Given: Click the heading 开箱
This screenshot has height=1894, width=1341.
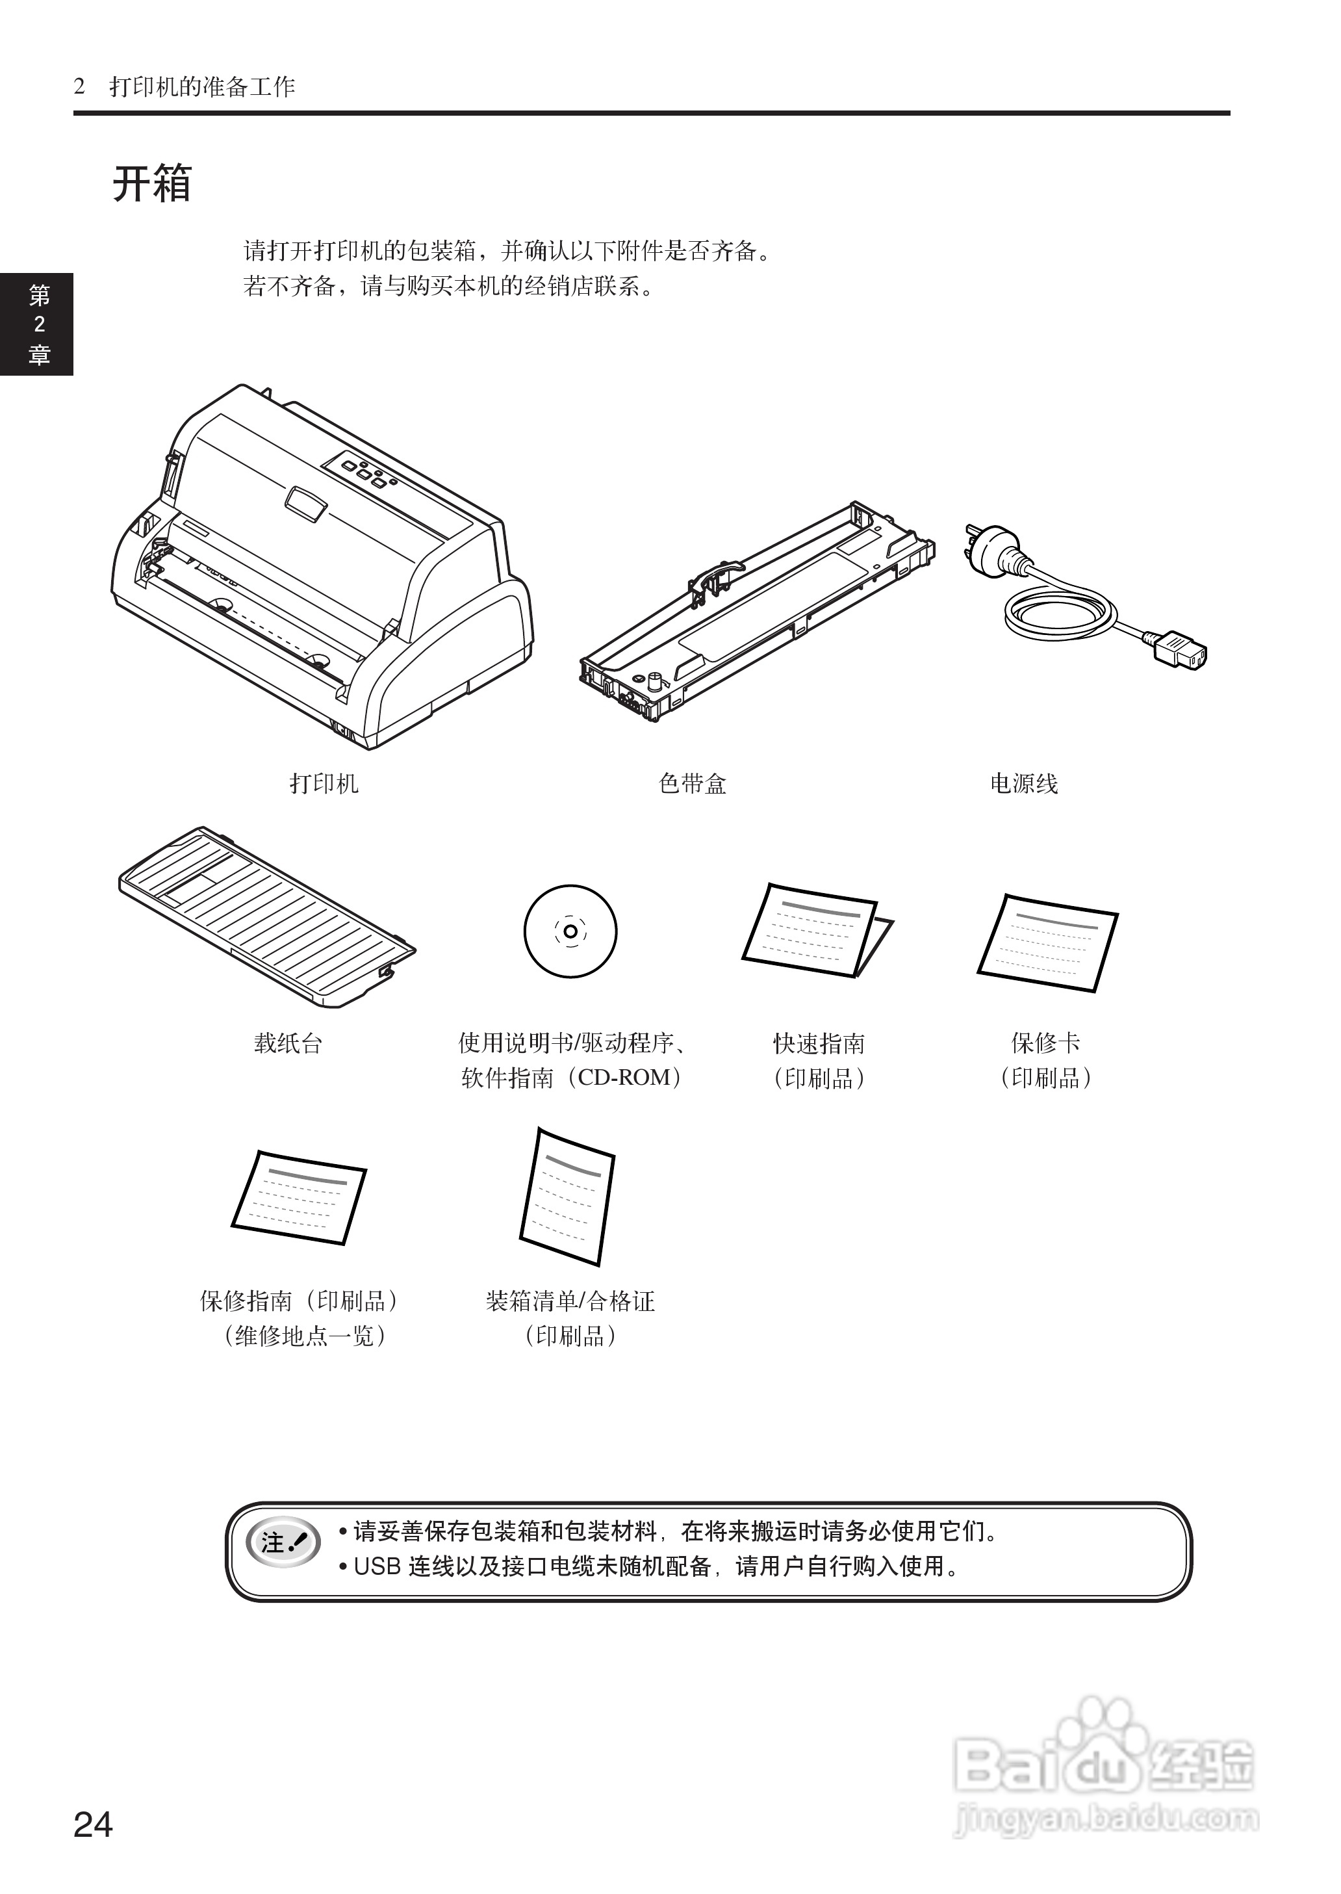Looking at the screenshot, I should pyautogui.click(x=152, y=183).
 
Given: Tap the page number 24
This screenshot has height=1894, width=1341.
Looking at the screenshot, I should pyautogui.click(x=94, y=1824).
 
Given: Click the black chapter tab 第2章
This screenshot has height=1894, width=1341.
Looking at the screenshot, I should pyautogui.click(x=38, y=324).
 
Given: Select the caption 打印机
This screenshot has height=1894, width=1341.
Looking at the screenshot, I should pyautogui.click(x=324, y=783).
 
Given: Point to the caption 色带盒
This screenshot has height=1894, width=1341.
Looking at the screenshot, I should pyautogui.click(x=693, y=783).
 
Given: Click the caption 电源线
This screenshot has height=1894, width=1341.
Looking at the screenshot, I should pyautogui.click(x=1023, y=783).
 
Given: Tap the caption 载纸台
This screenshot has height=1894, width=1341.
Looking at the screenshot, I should pyautogui.click(x=287, y=1043).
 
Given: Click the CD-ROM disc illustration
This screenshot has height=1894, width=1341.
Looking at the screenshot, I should pyautogui.click(x=570, y=931).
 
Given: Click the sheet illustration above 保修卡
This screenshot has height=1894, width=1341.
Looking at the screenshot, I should pyautogui.click(x=1048, y=942).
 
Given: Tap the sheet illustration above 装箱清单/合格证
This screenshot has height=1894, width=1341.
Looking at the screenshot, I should pyautogui.click(x=567, y=1196).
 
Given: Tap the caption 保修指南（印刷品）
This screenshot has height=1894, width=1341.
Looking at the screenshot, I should pyautogui.click(x=300, y=1301).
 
